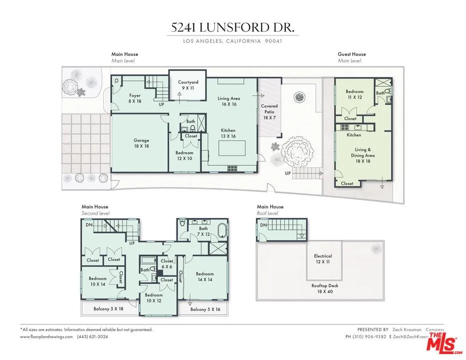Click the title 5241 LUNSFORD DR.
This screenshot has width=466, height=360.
click(x=233, y=28)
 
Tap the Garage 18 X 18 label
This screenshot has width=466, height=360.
click(x=141, y=143)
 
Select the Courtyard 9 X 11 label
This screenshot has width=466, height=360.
click(x=188, y=85)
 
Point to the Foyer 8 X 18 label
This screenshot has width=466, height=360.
click(x=135, y=98)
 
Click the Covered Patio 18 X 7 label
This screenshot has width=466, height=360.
click(x=269, y=111)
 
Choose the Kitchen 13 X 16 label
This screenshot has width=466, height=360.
click(x=228, y=133)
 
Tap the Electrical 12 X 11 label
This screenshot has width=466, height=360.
click(x=323, y=259)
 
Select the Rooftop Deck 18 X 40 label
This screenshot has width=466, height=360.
click(x=323, y=288)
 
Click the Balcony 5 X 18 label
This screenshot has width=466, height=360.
click(x=108, y=309)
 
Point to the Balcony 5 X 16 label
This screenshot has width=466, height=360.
click(x=205, y=309)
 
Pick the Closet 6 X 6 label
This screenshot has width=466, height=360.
click(x=167, y=263)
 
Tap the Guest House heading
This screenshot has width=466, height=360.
click(x=352, y=54)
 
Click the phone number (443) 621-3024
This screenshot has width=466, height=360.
click(x=92, y=337)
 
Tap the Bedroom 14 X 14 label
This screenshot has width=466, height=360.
click(x=205, y=276)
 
